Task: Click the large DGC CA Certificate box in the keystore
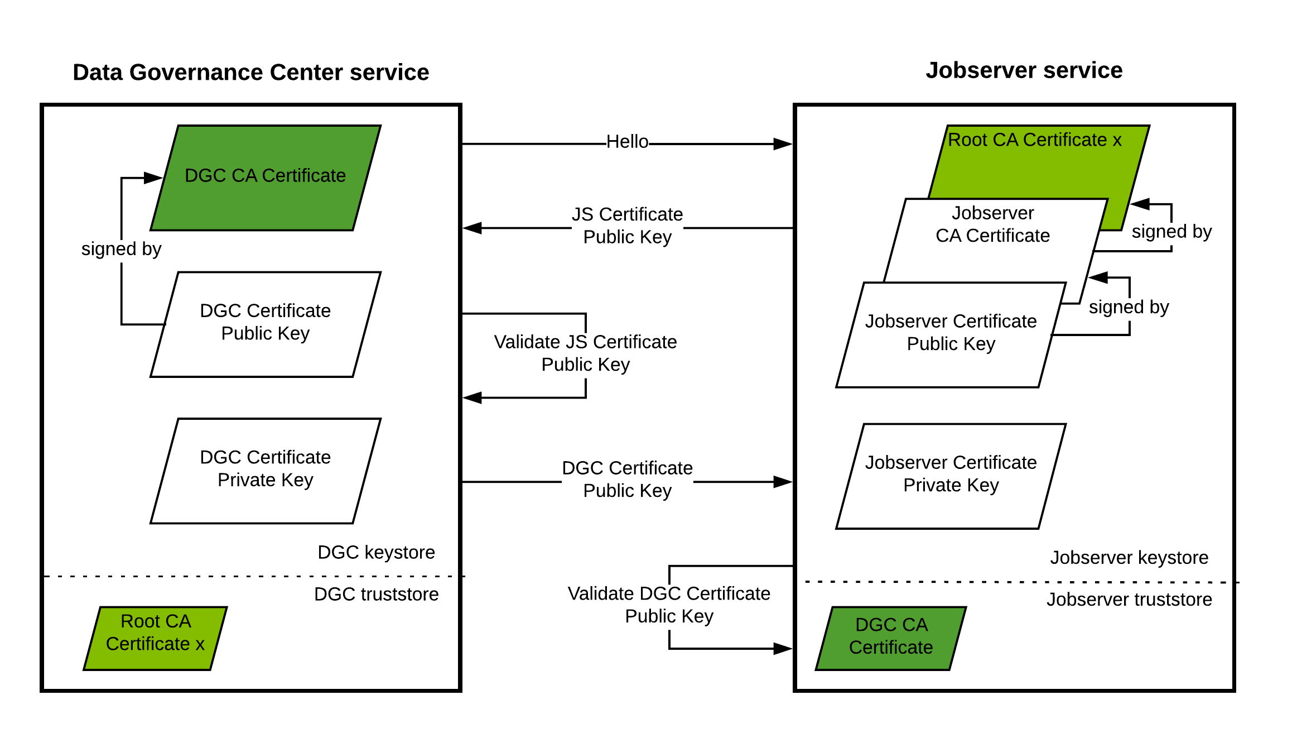266,178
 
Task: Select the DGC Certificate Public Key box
266,324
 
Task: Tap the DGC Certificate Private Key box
266,470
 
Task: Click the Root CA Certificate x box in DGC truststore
155,638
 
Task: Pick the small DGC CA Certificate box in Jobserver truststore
891,638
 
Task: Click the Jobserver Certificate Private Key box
951,475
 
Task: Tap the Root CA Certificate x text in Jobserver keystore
1034,140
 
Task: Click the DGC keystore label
376,552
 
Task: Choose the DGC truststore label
376,594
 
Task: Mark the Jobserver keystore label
1129,557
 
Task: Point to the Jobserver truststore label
1129,599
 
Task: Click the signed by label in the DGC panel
121,248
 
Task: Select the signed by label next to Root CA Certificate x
1171,231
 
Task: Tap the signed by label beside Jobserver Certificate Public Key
1129,306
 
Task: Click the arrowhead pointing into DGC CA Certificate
153,178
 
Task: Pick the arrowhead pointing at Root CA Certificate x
1140,204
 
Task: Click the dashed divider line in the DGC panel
248,576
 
